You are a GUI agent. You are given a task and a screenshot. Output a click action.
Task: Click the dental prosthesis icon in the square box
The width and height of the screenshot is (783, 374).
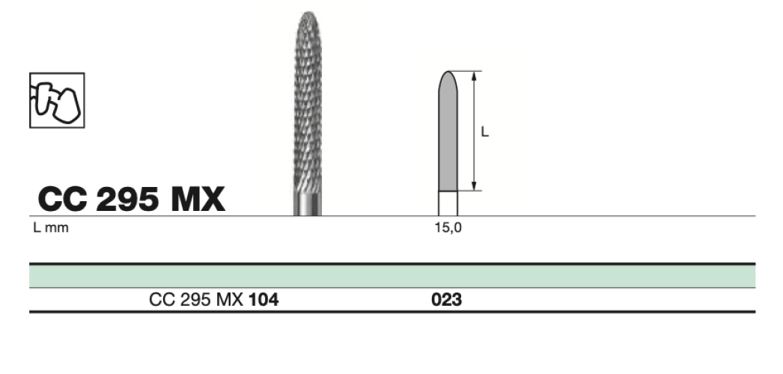click(x=56, y=99)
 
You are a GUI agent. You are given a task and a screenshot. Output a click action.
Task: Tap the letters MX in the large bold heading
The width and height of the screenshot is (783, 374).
click(x=197, y=199)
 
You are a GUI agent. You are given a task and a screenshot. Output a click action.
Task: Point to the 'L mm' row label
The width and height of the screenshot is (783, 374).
click(x=50, y=228)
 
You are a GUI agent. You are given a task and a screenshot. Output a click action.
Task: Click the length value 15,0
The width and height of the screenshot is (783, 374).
click(x=448, y=228)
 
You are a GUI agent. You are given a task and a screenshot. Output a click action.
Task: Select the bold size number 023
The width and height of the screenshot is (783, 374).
click(x=447, y=300)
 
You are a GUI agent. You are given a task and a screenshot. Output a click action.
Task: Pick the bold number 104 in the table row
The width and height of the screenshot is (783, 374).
click(x=263, y=300)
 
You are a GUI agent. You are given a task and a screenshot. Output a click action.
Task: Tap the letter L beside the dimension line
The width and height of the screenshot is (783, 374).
click(x=484, y=132)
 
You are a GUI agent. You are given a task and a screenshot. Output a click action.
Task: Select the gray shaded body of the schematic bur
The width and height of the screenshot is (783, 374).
click(x=448, y=142)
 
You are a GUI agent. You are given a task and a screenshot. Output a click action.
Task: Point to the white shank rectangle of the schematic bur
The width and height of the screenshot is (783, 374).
click(x=448, y=203)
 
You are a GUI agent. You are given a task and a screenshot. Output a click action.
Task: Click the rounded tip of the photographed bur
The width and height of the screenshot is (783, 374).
click(x=306, y=18)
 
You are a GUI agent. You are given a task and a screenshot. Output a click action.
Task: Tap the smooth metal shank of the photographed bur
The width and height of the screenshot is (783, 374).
click(x=306, y=204)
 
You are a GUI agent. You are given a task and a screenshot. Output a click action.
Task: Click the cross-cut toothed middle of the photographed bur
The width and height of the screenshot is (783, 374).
click(x=306, y=105)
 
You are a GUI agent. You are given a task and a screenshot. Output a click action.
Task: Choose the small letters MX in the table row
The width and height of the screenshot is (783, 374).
click(x=234, y=300)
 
